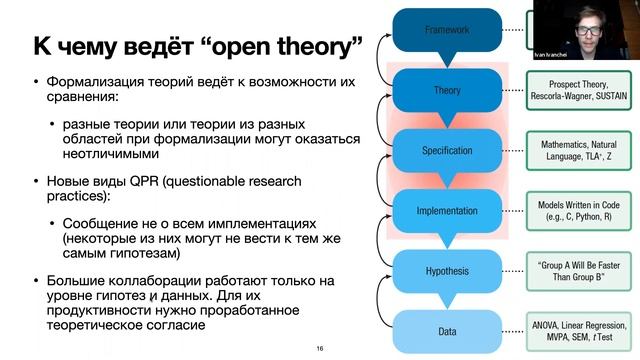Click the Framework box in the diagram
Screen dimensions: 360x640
(x=446, y=30)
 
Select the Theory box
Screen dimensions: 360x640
(x=446, y=90)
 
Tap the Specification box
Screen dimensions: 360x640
(x=446, y=150)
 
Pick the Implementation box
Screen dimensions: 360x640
(x=446, y=210)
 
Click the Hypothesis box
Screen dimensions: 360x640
(x=446, y=270)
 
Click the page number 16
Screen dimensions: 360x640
(x=319, y=348)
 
